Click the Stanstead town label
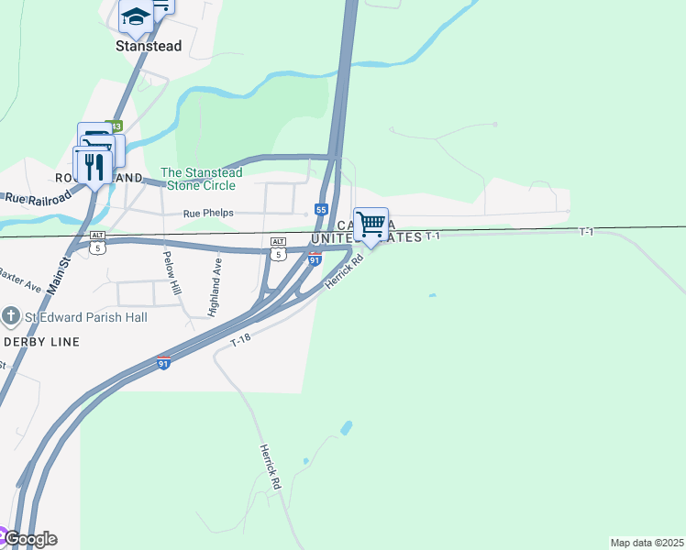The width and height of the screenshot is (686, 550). click(x=149, y=45)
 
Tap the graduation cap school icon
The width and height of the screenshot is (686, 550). click(x=136, y=16)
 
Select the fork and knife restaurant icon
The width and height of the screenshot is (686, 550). click(x=93, y=166)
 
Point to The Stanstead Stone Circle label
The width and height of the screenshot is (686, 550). click(x=202, y=179)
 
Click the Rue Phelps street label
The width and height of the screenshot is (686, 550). click(x=208, y=213)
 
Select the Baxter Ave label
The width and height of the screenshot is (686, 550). click(x=20, y=279)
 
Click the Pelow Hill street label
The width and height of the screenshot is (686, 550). click(x=172, y=272)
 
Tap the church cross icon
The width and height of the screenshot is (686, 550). click(x=11, y=317)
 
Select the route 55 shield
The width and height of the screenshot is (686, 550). click(x=321, y=210)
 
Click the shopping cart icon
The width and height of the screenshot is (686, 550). click(x=371, y=224)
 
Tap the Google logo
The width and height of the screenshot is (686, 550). click(x=30, y=539)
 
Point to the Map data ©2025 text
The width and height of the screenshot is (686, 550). click(x=647, y=543)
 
